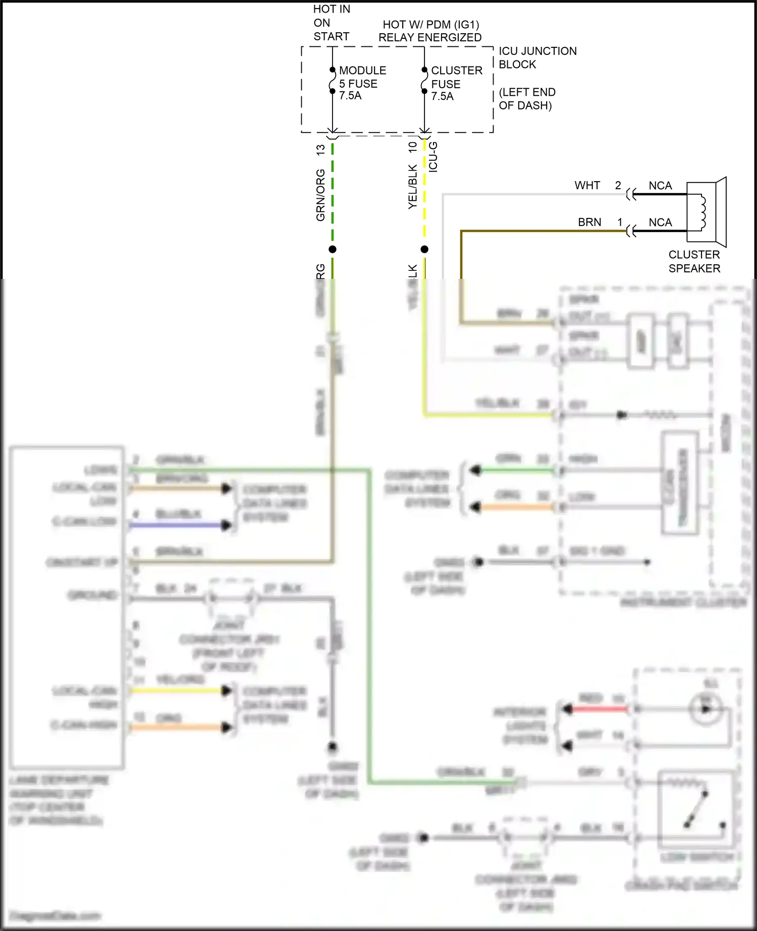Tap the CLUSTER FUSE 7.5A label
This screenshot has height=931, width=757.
point(456,83)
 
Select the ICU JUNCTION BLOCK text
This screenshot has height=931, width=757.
point(537,57)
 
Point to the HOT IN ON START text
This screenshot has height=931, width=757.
point(331,23)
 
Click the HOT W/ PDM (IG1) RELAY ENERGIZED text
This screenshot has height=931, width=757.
point(430,31)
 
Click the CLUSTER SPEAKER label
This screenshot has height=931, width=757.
point(694,261)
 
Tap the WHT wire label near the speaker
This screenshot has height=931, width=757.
point(587,186)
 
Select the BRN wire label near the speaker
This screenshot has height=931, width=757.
point(589,222)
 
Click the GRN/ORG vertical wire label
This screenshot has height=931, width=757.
point(320,195)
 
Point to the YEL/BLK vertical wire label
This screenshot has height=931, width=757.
point(412,187)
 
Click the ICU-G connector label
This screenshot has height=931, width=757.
point(433,157)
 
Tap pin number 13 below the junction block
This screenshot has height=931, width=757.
point(320,150)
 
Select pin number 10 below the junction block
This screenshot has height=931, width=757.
point(412,147)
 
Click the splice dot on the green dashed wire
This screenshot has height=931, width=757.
point(332,249)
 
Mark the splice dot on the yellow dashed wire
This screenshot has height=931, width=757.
point(424,249)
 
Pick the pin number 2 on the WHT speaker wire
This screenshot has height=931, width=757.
point(618,186)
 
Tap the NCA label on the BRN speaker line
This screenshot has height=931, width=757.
point(660,222)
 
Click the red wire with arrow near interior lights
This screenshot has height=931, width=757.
point(598,709)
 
